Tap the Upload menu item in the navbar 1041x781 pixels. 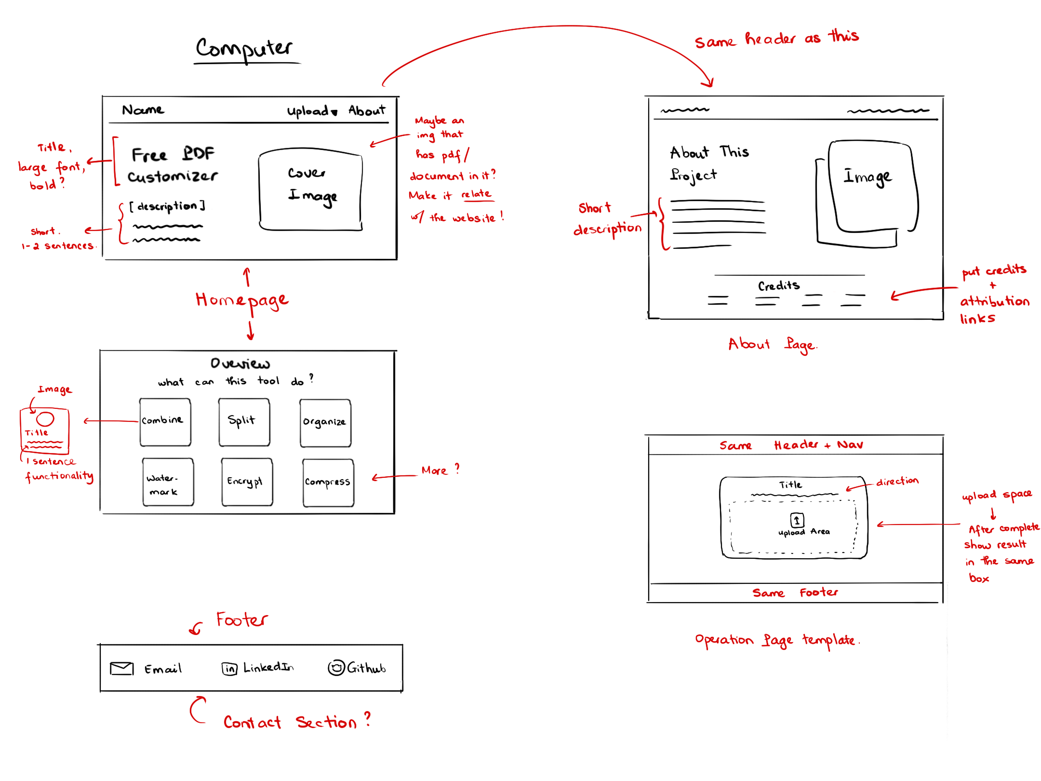(x=312, y=111)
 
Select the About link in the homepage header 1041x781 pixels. (x=367, y=111)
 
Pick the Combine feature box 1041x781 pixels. (x=165, y=422)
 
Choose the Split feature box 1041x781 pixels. (x=244, y=422)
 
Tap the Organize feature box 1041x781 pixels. (x=325, y=423)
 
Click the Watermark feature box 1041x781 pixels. (x=168, y=482)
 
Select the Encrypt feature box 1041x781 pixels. (x=247, y=482)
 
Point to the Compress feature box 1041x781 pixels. (x=328, y=483)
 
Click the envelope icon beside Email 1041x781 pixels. (x=121, y=668)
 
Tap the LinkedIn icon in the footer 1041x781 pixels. (x=229, y=669)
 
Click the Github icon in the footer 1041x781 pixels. (x=336, y=668)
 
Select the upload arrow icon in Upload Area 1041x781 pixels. (x=797, y=520)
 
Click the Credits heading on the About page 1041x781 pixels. (x=778, y=286)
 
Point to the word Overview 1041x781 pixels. (x=240, y=363)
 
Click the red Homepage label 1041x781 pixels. (x=242, y=301)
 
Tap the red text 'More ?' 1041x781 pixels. (x=440, y=470)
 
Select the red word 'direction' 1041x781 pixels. (x=897, y=481)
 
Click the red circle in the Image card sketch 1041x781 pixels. (x=45, y=418)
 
